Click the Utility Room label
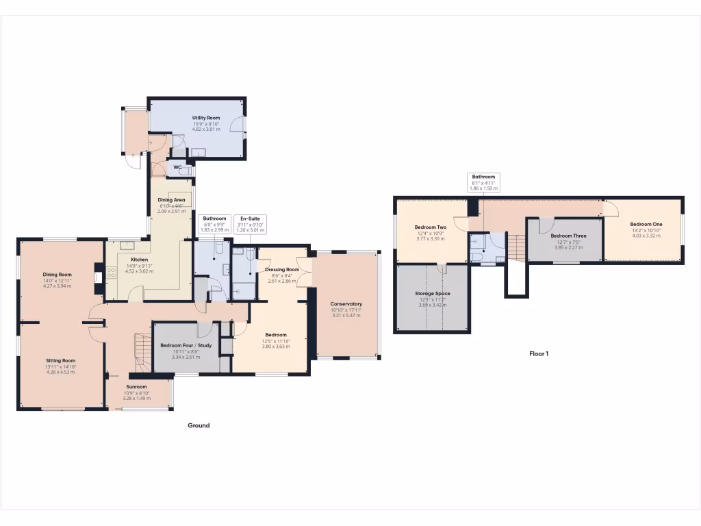tap(205, 118)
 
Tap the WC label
tap(177, 167)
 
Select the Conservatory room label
tap(346, 304)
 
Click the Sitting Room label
tap(60, 360)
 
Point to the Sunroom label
tap(136, 387)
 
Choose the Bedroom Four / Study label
tap(186, 346)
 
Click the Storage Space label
tap(432, 294)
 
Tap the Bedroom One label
tap(646, 224)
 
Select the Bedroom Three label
tap(568, 236)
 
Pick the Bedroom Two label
tap(431, 227)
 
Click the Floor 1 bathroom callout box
tap(483, 181)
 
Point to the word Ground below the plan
tap(199, 425)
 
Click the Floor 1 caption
tap(539, 354)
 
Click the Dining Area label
tap(172, 200)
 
